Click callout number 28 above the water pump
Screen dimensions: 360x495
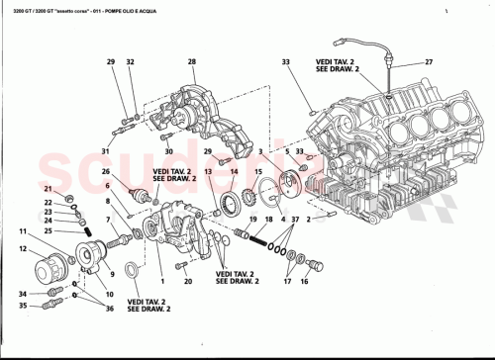click(x=191, y=62)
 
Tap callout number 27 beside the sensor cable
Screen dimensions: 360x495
click(x=429, y=62)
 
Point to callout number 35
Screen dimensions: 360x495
click(x=22, y=307)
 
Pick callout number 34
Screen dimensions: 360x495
click(x=22, y=294)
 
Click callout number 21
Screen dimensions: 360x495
click(x=47, y=188)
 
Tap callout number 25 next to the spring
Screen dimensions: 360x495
click(x=47, y=230)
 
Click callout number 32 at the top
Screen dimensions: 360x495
click(x=131, y=62)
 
